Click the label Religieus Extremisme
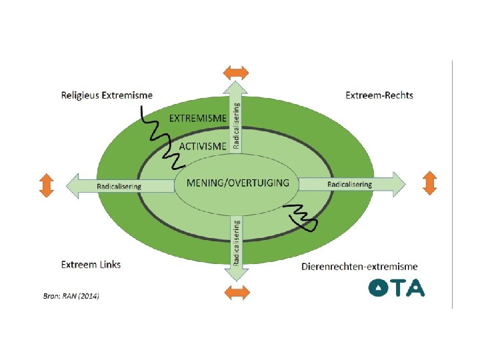[x=107, y=95]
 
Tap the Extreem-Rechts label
[x=379, y=95]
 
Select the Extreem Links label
[x=91, y=264]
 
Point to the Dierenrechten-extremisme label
[x=359, y=267]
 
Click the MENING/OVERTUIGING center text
[x=238, y=182]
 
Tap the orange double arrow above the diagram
[x=236, y=72]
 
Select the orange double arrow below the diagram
[x=236, y=292]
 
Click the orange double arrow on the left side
[x=46, y=185]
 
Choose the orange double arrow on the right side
[x=429, y=182]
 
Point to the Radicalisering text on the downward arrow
[x=237, y=243]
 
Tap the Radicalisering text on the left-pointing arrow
[x=119, y=186]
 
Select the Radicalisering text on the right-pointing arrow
[x=350, y=183]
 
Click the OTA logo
[x=397, y=287]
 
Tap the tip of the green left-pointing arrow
[x=66, y=186]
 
